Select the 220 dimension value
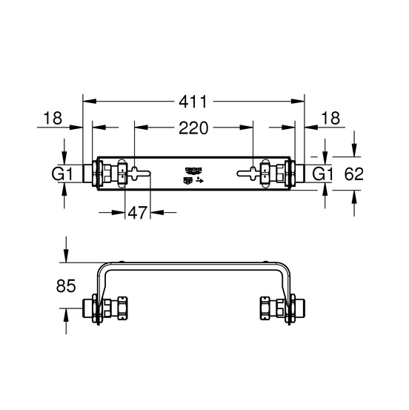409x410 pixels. tap(193, 128)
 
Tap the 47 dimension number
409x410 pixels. tap(136, 213)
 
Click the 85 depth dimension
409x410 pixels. tap(65, 285)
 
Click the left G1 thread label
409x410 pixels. tap(62, 174)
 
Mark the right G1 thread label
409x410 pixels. tap(324, 174)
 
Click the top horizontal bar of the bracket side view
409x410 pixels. tap(193, 263)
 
